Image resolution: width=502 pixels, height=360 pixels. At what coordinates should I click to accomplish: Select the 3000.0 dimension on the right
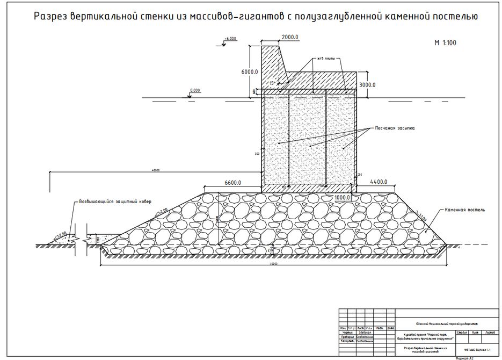point(367,85)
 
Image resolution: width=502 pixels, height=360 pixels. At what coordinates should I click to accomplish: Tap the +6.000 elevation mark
point(230,39)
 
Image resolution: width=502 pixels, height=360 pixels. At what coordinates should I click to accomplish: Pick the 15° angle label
point(273,83)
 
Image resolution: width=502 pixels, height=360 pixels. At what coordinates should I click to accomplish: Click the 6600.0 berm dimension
point(232,183)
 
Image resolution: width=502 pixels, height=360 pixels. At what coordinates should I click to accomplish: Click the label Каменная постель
point(465,210)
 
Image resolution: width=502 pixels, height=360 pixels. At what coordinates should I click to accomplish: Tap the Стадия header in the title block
point(450,333)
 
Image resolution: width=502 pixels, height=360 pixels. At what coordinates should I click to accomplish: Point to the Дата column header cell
point(390,328)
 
